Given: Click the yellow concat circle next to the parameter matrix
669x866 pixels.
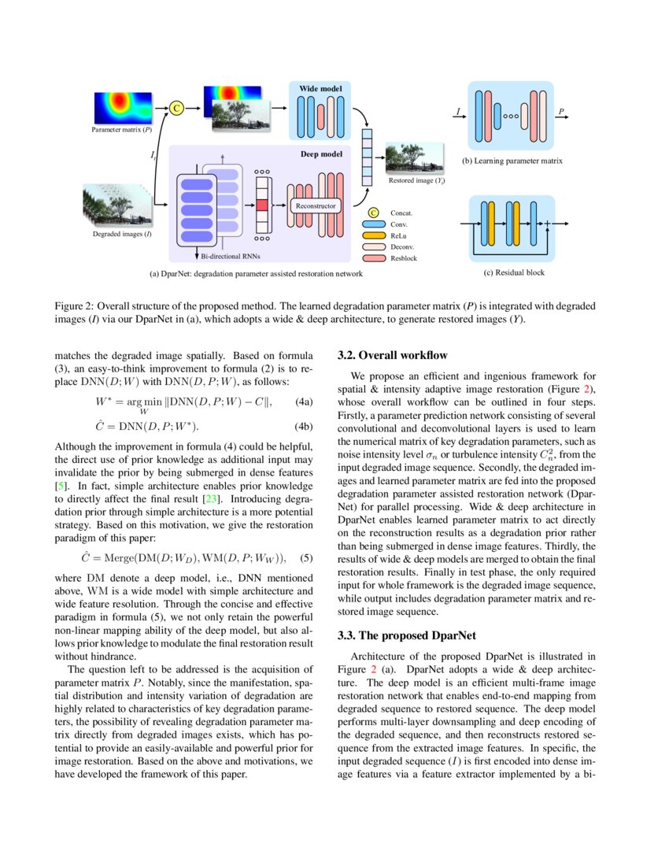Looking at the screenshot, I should coord(177,109).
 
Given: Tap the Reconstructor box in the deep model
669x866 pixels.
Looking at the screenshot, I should coord(316,205).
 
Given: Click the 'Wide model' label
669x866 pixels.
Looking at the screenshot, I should coord(320,89).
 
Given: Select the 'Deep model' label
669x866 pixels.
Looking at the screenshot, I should coord(322,154).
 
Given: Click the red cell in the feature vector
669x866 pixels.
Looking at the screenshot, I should coord(262,205).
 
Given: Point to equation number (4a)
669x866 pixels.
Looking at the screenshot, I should coord(304,402).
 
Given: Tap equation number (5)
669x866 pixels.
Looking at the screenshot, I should coord(307,558).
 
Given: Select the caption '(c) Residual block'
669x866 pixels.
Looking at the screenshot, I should coord(514,272).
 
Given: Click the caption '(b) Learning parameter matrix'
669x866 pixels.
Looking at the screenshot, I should coord(512,161).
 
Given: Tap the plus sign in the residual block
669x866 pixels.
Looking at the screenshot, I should coord(547,224).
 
